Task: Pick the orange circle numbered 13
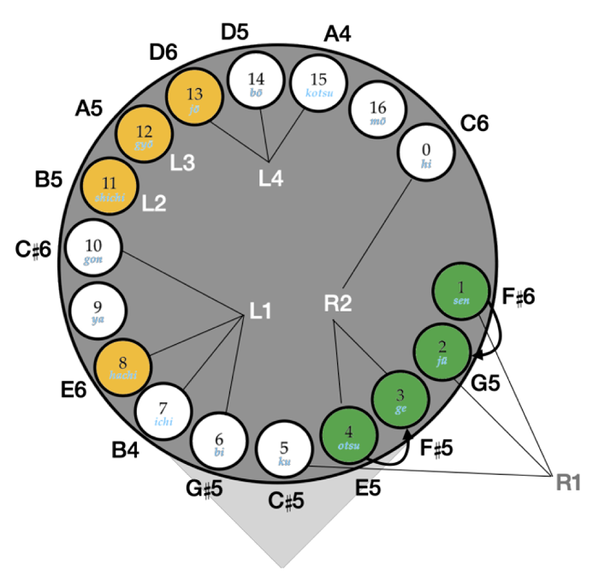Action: click(x=194, y=98)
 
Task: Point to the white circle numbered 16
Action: click(x=378, y=112)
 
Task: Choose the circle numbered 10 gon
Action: click(x=94, y=249)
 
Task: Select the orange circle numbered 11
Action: click(x=109, y=187)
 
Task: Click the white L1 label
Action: click(x=261, y=313)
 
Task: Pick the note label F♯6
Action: click(x=518, y=296)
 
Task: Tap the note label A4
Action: click(x=338, y=34)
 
